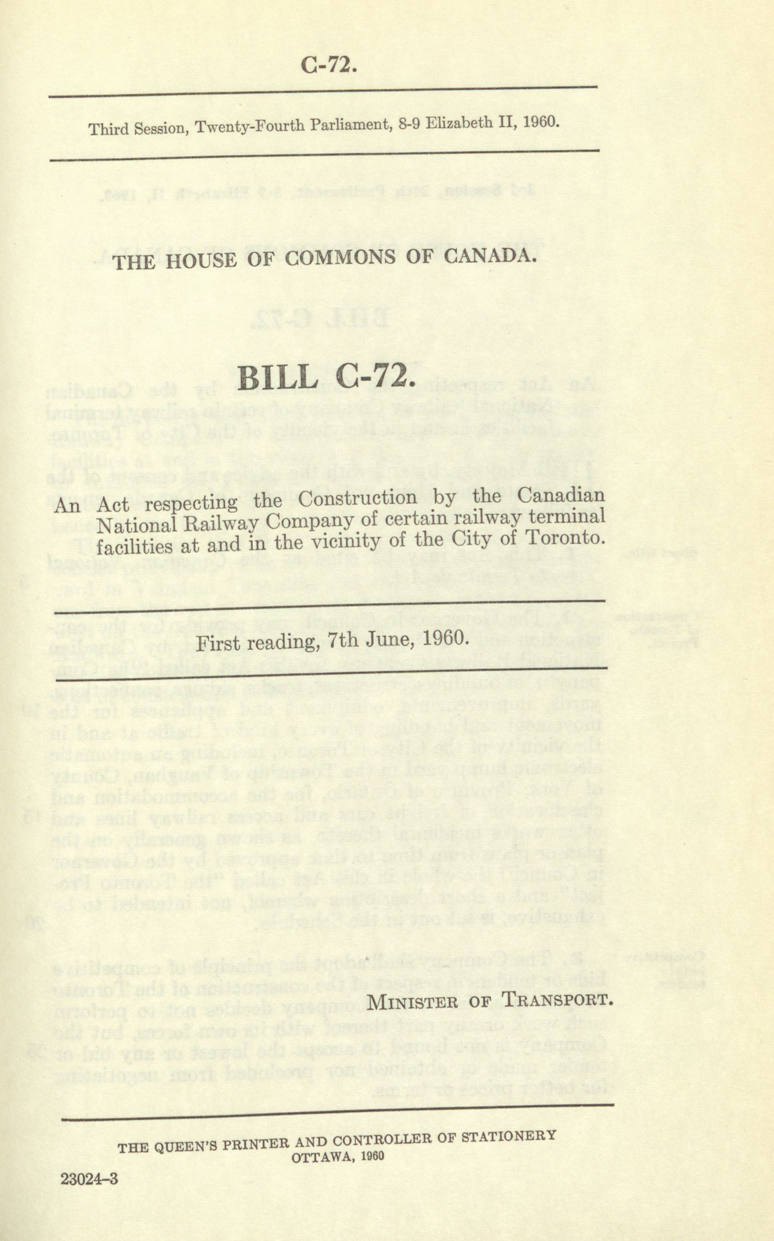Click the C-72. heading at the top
click(328, 66)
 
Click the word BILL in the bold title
click(277, 378)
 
